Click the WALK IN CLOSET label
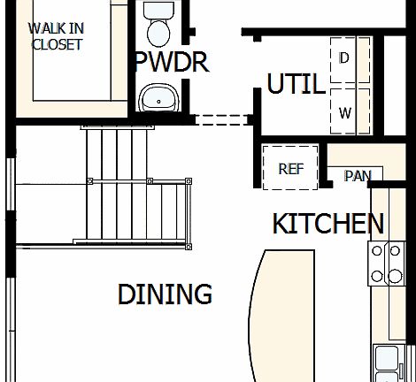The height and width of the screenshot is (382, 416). tap(57, 36)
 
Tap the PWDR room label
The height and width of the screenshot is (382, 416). tap(171, 62)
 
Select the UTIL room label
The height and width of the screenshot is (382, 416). tap(296, 84)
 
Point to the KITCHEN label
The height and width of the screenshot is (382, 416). tap(327, 224)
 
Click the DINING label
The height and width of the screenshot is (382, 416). tap(165, 294)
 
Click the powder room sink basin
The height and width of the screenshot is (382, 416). tap(158, 97)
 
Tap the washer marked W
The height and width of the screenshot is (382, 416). tap(345, 111)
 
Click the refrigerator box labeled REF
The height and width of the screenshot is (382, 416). tap(291, 168)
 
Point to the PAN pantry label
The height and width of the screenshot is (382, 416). tap(358, 175)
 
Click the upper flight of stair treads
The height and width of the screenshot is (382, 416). tap(115, 155)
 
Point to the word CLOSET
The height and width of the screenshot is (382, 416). tap(57, 44)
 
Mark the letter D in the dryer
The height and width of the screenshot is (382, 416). tap(344, 58)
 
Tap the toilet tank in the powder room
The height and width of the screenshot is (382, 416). tap(159, 11)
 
